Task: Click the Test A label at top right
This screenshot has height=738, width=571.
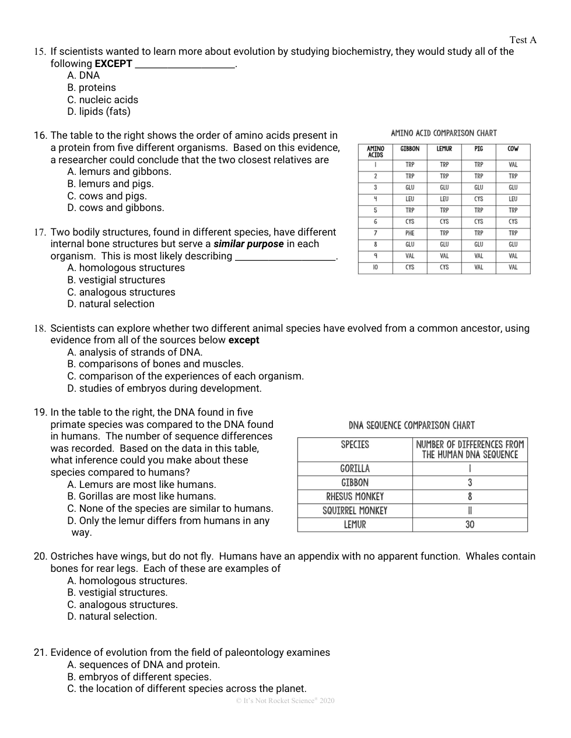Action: pos(523,40)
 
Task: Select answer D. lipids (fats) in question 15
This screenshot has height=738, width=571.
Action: pos(99,111)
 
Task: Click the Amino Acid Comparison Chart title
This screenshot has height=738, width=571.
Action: pos(444,133)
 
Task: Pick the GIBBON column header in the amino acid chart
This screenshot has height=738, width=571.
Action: pos(409,149)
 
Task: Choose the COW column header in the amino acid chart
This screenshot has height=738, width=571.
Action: pos(513,149)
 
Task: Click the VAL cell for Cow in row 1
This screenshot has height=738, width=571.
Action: pos(513,164)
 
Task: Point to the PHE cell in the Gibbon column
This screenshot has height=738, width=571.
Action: pos(409,233)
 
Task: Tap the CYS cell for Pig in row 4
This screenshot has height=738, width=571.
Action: pos(478,199)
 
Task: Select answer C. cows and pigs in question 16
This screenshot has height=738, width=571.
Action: pos(107,196)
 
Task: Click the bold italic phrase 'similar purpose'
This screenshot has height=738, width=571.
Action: pos(248,244)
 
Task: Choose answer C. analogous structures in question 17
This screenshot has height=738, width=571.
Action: pos(121,292)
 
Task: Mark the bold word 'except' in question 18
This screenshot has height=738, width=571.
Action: pos(244,340)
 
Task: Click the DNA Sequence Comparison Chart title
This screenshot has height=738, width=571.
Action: pos(412,425)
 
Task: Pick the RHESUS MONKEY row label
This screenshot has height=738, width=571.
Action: pos(355,497)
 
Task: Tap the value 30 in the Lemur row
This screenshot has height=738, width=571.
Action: pos(470,525)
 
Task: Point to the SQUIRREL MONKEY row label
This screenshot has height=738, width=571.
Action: pos(355,511)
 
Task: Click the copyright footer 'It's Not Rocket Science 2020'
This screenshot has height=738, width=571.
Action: pos(285,700)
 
